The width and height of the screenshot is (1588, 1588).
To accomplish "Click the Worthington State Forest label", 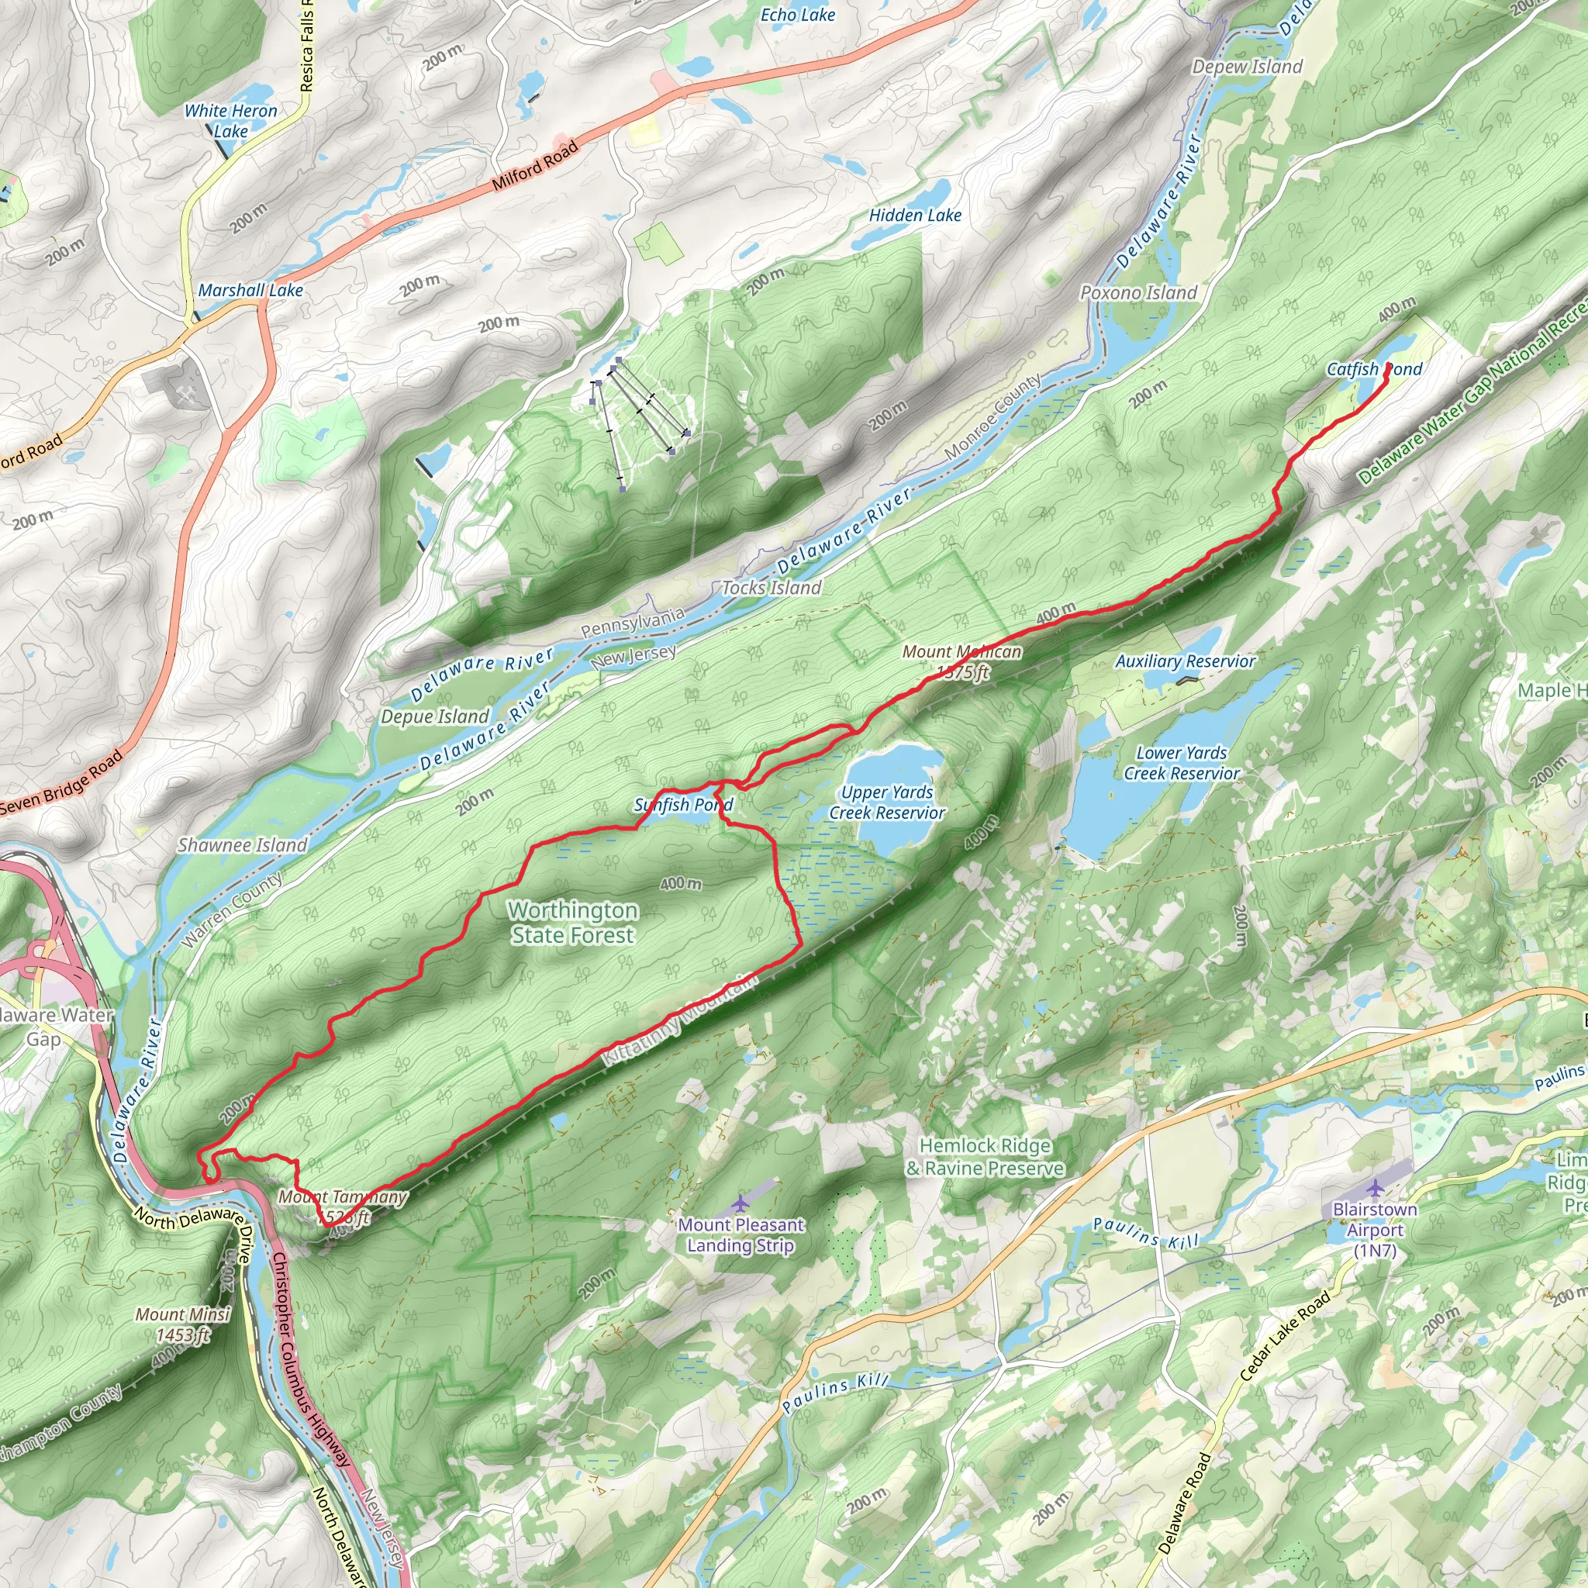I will [x=572, y=922].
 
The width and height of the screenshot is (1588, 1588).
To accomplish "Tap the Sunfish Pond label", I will [x=683, y=805].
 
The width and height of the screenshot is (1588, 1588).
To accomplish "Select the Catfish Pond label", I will [x=1374, y=369].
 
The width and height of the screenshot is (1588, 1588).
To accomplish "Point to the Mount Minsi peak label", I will [x=182, y=1324].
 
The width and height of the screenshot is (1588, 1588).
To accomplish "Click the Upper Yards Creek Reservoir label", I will [x=887, y=803].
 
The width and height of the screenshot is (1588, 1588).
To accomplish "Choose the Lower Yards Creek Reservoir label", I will [x=1181, y=763].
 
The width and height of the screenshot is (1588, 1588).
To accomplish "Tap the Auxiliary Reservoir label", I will [x=1186, y=661].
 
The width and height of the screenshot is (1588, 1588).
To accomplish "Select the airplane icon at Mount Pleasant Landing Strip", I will [x=740, y=1203].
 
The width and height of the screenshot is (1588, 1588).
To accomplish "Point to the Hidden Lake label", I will [x=915, y=216].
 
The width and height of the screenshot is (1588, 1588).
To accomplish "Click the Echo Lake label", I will [x=797, y=15].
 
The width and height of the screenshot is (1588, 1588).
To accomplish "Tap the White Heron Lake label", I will [x=230, y=121].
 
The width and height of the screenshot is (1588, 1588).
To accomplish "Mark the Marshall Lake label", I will [x=250, y=290].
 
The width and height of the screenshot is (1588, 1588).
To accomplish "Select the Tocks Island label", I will [x=771, y=588].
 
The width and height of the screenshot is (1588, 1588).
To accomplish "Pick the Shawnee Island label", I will [x=243, y=845].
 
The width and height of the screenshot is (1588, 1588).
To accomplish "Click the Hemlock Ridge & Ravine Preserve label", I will [x=985, y=1156].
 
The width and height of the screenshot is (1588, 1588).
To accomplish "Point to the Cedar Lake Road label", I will [x=1284, y=1336].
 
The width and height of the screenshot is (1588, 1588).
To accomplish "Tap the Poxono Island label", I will [x=1138, y=292].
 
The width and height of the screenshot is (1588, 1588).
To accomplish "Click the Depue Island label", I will [x=435, y=716].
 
